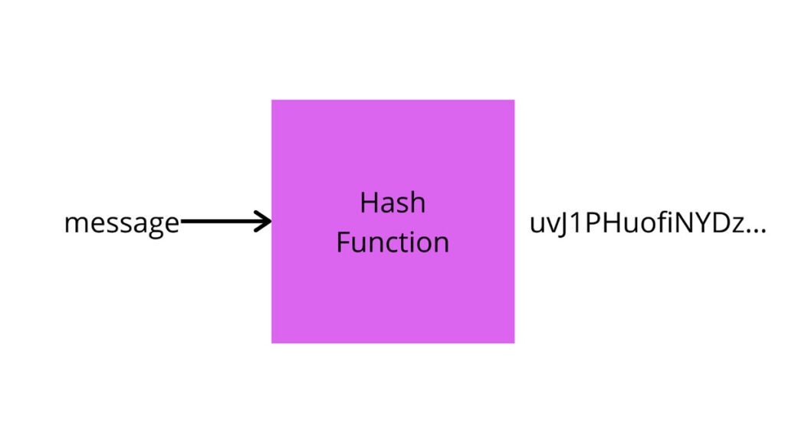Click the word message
[121, 223]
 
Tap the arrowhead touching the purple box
[265, 223]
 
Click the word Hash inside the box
[392, 203]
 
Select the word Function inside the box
[392, 242]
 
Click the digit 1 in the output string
[576, 224]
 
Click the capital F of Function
[343, 242]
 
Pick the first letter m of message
[74, 225]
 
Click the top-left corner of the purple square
[272, 101]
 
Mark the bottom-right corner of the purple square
[514, 342]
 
